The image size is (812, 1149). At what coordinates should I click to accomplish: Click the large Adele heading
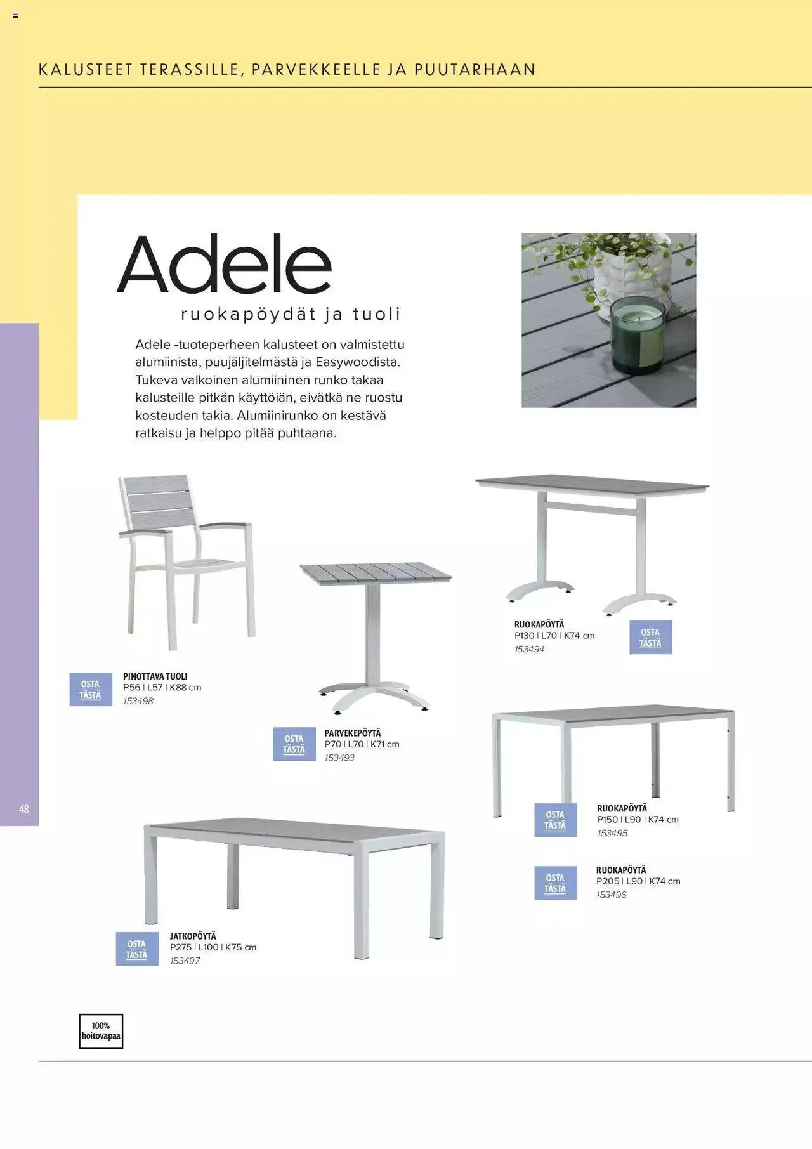point(224,264)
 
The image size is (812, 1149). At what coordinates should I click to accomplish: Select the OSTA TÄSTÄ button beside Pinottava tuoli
point(90,690)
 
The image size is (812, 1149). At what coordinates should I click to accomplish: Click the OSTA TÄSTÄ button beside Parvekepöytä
point(294,744)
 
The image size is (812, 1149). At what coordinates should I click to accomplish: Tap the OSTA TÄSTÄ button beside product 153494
point(650,637)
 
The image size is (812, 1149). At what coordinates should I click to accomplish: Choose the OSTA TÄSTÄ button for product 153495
point(555,820)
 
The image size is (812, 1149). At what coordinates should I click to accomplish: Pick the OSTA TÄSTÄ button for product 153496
point(555,883)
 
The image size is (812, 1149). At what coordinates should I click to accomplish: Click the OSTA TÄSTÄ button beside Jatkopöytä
point(137,949)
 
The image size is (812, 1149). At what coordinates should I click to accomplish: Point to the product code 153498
point(138,701)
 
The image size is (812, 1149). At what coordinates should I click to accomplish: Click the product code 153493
point(339,758)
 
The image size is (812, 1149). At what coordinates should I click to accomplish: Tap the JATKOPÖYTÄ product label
point(193,936)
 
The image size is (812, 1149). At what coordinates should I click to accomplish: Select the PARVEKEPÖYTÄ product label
point(353,733)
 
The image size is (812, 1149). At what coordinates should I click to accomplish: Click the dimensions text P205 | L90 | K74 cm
point(638,881)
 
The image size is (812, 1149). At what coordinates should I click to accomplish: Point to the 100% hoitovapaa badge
point(101,1031)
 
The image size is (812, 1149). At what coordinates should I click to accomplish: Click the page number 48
point(24,809)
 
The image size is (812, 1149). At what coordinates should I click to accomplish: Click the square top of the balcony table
point(376,573)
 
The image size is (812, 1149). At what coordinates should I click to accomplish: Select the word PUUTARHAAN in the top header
point(475,69)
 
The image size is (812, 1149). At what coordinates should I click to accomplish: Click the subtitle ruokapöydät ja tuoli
point(291,314)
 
